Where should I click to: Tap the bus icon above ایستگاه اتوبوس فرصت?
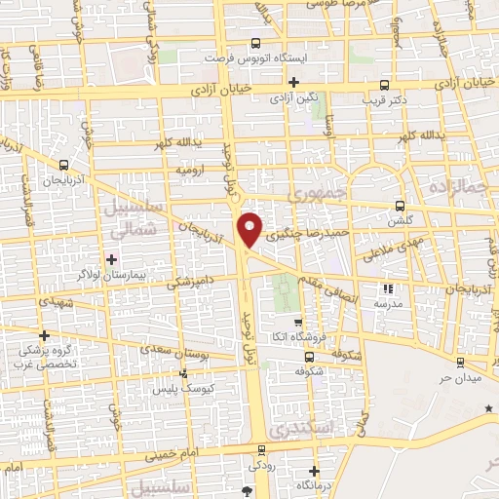tap(255, 43)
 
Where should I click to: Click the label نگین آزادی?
tap(293, 98)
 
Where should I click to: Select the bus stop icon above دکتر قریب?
tap(385, 84)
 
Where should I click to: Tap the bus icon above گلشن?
tap(401, 206)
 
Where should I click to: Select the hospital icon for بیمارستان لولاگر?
tap(111, 259)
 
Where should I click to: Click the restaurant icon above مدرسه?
tap(387, 288)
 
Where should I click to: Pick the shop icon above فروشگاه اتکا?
tap(299, 323)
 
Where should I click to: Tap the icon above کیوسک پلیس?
tap(185, 373)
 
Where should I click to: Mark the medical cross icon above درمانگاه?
tap(311, 472)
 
